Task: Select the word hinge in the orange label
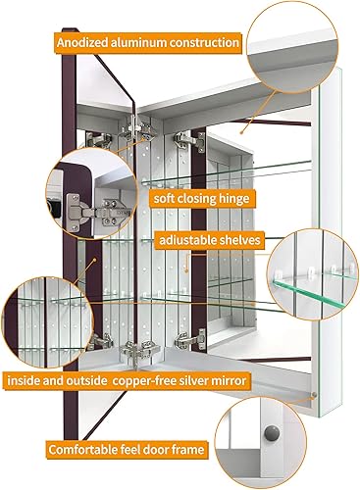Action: [234, 198]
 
